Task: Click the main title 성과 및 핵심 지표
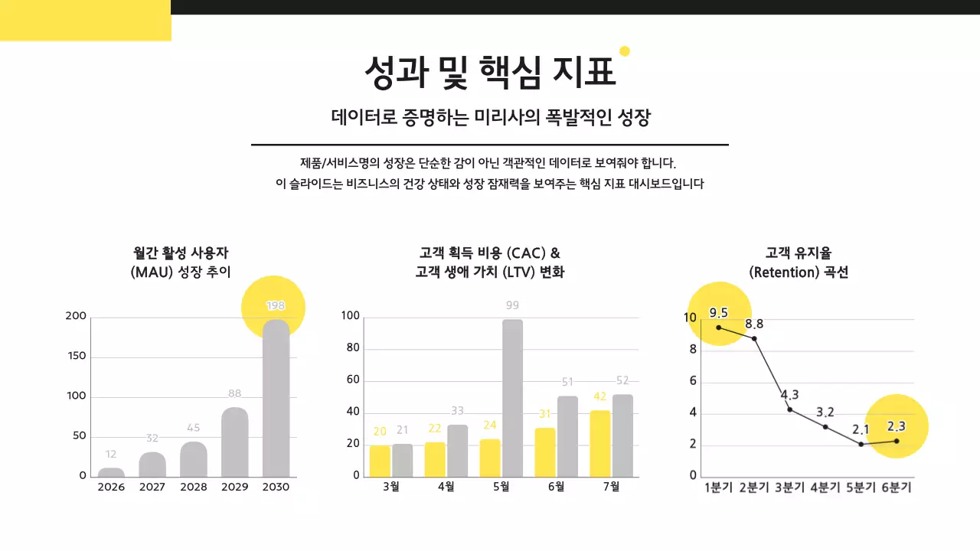489,73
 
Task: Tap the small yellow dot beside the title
624,51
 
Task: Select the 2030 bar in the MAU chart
276,398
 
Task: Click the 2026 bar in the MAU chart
111,472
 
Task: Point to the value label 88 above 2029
234,393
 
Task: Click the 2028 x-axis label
193,487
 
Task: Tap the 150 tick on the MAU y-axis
77,357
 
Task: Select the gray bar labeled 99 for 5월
512,398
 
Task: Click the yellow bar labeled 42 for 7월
600,444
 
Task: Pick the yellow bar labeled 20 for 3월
380,461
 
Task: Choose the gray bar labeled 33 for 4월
458,451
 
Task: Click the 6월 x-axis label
556,487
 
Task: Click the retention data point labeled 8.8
754,338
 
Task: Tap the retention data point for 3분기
789,409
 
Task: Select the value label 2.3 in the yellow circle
896,426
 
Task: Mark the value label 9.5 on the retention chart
718,312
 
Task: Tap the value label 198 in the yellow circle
275,305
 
